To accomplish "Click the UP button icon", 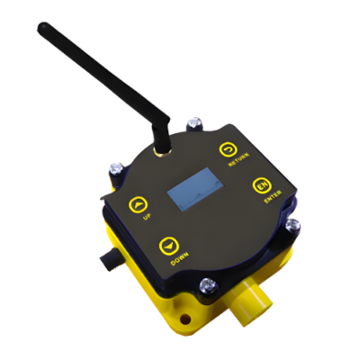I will (x=136, y=203).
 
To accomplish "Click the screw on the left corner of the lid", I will (x=115, y=168).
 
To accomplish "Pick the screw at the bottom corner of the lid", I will (x=208, y=288).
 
